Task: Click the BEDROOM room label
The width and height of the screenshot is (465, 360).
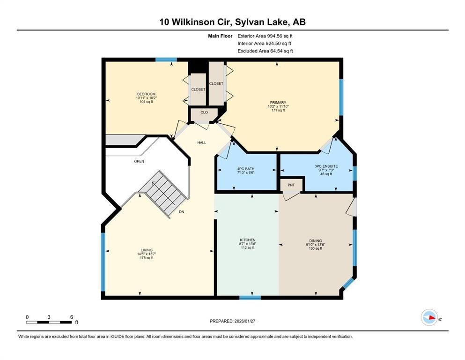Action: tap(146, 94)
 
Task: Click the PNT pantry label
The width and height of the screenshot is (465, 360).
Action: tap(291, 185)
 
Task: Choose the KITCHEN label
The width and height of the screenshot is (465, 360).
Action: tap(247, 240)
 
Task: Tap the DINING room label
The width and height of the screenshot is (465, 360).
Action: tap(315, 240)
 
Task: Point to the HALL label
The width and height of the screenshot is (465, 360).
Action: tap(201, 142)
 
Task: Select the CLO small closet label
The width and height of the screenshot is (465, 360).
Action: tap(204, 112)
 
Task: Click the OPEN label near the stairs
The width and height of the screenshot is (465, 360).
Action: tap(139, 161)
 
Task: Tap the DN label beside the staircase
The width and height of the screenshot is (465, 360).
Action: tap(182, 212)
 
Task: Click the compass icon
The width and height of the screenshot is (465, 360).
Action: tap(429, 318)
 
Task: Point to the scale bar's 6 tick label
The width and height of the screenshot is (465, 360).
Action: tap(71, 317)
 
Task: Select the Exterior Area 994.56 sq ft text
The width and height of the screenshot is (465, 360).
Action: tap(265, 36)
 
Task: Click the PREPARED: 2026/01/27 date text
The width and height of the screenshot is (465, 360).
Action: tap(233, 321)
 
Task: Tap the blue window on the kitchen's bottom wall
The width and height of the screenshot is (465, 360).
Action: tap(250, 297)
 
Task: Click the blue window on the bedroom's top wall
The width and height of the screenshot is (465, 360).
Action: tap(166, 60)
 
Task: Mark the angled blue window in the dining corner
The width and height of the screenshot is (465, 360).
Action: tap(348, 282)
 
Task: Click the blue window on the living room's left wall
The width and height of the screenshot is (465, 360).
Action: tap(103, 262)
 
